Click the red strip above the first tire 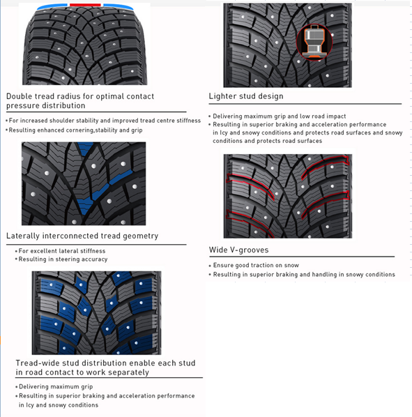click(85, 5)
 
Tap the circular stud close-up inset click(314, 43)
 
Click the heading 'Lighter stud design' click(246, 96)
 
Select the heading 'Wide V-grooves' click(238, 250)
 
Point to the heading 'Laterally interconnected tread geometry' click(82, 236)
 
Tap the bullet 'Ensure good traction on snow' click(256, 265)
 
